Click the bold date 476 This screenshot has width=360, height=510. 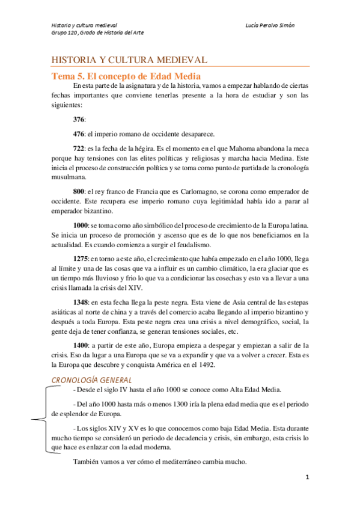79,134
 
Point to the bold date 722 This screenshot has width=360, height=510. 79,147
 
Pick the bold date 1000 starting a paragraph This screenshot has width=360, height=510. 81,224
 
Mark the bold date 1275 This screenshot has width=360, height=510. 81,257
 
